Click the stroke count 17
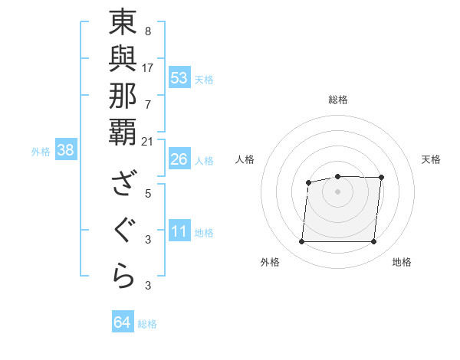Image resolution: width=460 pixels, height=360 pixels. [148, 67]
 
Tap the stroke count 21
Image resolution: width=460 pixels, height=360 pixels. [148, 141]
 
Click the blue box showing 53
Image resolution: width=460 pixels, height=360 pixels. [179, 78]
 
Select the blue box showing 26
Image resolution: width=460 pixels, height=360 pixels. [179, 160]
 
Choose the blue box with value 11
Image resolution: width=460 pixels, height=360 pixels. [179, 232]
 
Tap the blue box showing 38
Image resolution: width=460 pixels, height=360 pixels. [66, 151]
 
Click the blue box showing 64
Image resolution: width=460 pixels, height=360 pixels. [123, 322]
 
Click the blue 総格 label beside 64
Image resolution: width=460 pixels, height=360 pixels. [147, 324]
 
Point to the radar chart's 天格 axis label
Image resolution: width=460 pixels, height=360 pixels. [431, 159]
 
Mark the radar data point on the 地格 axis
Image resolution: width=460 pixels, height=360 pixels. [374, 242]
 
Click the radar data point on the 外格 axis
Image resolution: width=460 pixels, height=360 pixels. [301, 242]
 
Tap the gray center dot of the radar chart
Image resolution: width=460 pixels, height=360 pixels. [337, 191]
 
